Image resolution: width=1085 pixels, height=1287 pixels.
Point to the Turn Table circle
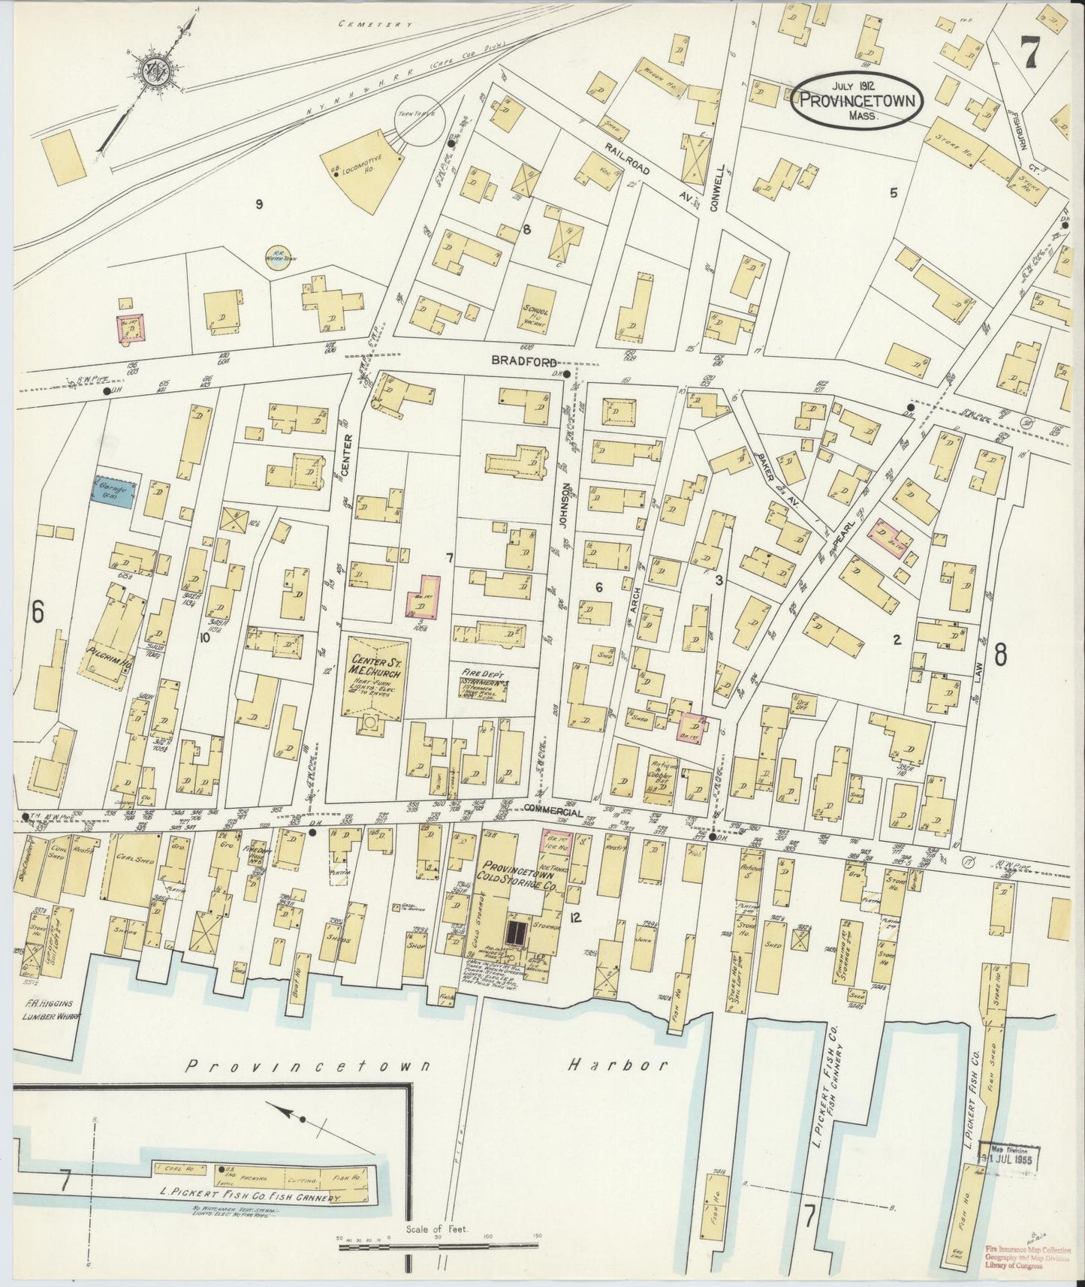point(420,119)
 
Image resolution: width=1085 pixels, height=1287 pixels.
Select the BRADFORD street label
point(517,360)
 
